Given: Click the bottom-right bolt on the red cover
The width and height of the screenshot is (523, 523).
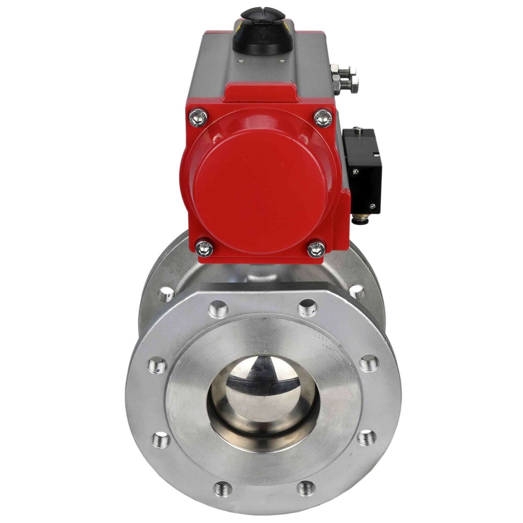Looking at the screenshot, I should [x=316, y=249].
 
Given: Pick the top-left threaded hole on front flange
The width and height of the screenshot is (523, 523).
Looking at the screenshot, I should [x=217, y=308].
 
